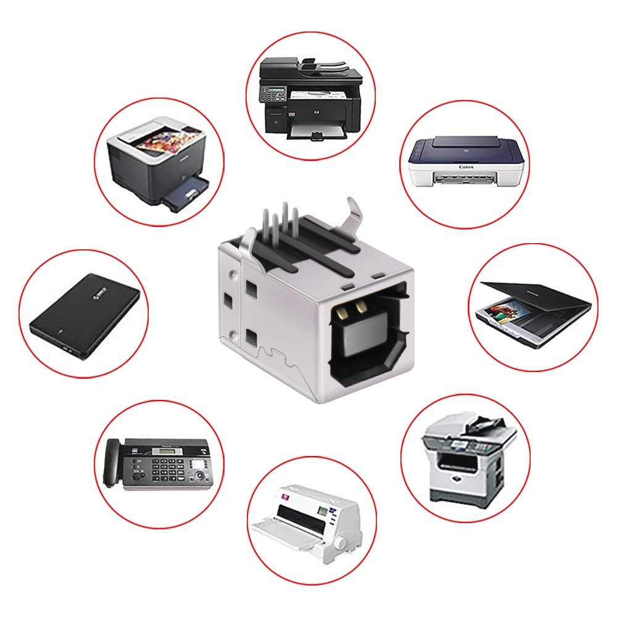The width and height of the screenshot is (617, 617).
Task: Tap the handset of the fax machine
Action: coord(112,462)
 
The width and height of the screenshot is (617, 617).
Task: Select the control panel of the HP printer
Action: coord(272,95)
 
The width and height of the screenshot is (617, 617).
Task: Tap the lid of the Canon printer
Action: coord(466,149)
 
